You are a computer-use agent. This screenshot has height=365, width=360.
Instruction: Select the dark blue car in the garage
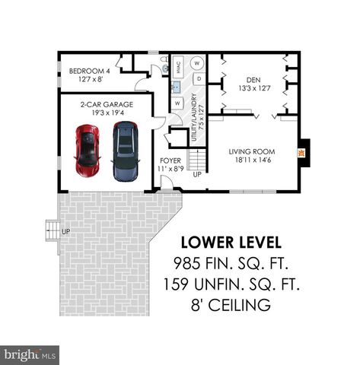[124, 151]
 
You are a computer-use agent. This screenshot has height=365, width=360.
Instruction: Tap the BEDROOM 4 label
[90, 74]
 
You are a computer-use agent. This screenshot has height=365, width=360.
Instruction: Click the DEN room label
[253, 83]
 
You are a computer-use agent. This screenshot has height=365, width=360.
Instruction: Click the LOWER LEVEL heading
[231, 243]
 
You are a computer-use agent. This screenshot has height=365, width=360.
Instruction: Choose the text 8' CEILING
[231, 306]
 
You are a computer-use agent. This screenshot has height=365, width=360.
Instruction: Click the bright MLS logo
[30, 354]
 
